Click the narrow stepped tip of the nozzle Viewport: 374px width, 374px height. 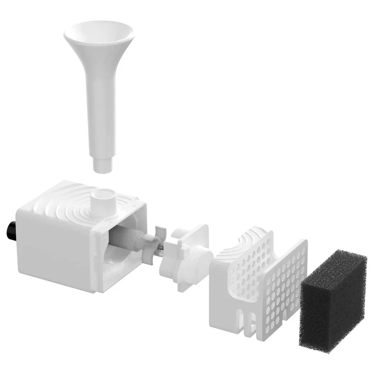point(102,165)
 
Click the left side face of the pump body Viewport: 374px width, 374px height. point(54,243)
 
